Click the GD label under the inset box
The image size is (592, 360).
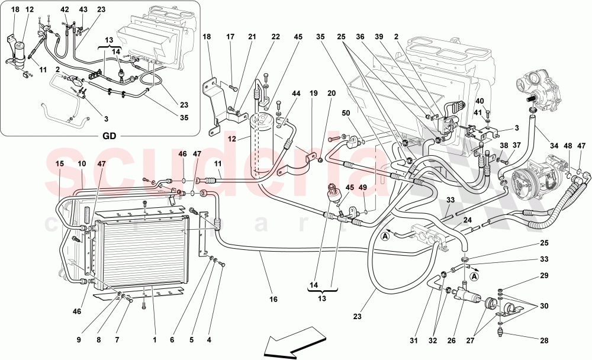click(x=108, y=136)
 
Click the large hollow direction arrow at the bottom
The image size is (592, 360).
click(x=295, y=345)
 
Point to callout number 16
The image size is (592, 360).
click(x=274, y=300)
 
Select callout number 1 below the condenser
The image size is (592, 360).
click(x=154, y=340)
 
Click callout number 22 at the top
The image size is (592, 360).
click(x=276, y=37)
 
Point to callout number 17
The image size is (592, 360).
click(x=230, y=37)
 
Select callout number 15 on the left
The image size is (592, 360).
click(x=59, y=163)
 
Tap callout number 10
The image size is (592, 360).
click(x=81, y=163)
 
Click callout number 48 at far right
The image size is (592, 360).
click(x=568, y=145)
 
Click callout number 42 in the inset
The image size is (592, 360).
click(x=65, y=9)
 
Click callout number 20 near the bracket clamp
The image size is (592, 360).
click(x=332, y=93)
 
